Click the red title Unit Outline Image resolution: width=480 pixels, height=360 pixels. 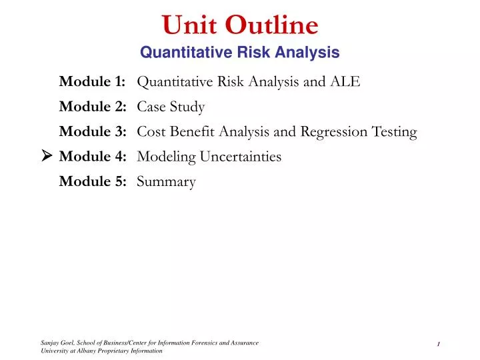tap(240, 25)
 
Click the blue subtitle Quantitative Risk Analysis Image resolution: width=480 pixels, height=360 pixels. tap(240, 52)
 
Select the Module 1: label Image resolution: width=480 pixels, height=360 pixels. tap(93, 82)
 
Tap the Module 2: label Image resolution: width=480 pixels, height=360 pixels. tap(93, 107)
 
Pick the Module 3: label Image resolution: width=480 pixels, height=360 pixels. tap(93, 132)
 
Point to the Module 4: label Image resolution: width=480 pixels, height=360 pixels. tap(93, 157)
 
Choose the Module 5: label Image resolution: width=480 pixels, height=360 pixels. tap(93, 181)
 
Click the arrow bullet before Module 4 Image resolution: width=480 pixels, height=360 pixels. tap(47, 157)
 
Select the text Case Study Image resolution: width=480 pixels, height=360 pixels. tap(171, 107)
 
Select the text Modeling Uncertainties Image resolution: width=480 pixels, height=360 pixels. tap(209, 157)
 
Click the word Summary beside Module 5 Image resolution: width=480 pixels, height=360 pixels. tap(166, 181)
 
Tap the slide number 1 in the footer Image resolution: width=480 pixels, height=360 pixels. tap(438, 344)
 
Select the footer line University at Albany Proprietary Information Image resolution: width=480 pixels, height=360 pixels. tap(101, 351)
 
